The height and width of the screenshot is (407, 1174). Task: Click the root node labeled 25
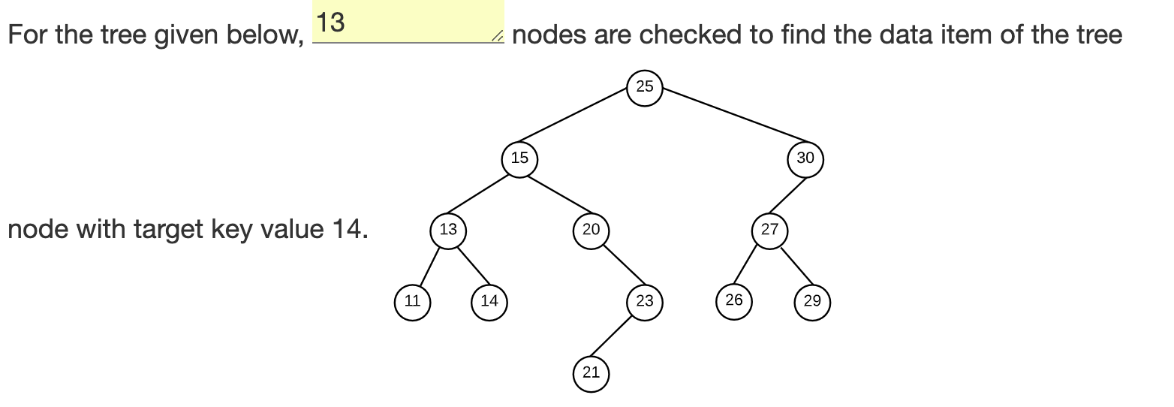644,86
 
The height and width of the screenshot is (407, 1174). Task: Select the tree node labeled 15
519,158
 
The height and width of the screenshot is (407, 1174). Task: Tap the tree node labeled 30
805,158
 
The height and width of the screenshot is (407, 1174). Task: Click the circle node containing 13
448,230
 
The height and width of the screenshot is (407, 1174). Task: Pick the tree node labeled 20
591,230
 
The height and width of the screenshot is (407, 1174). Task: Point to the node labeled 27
769,230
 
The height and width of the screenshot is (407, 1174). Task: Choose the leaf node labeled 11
412,302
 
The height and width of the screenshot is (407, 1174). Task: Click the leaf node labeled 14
489,302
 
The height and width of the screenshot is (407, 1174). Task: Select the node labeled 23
644,302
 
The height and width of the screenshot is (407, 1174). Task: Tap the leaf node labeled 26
733,300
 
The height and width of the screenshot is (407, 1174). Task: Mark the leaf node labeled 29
811,302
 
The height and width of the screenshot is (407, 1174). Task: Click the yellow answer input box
405,23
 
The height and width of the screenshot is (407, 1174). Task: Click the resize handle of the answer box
497,36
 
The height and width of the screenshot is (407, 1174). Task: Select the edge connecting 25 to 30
724,122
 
